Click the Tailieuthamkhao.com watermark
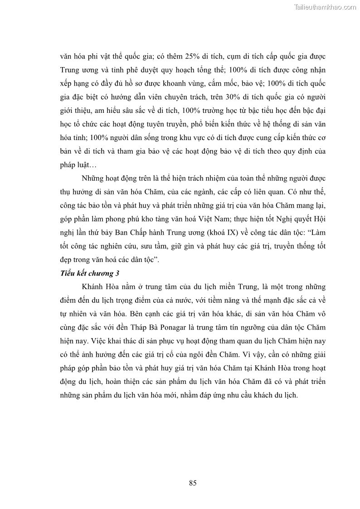[x=326, y=7]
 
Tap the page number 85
[x=193, y=483]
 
